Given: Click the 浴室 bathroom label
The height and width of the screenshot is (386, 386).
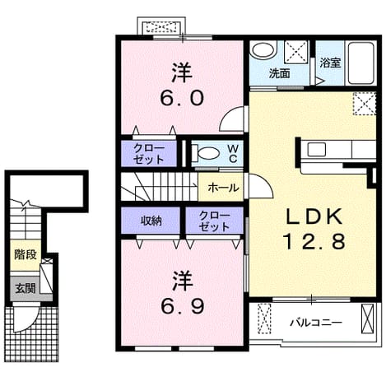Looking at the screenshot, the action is tap(330, 63).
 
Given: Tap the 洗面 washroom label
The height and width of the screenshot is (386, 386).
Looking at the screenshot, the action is tap(279, 73).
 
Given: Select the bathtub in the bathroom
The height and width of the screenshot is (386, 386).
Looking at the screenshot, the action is tap(361, 63).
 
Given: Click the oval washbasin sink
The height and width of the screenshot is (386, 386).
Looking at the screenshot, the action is tap(263, 50).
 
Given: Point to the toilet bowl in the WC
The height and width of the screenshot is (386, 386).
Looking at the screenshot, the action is tap(208, 153).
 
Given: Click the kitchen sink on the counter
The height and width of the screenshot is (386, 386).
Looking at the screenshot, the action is tap(316, 150).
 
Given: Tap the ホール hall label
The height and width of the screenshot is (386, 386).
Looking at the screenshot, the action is tap(223, 188).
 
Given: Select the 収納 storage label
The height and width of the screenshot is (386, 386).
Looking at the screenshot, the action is tap(151, 221).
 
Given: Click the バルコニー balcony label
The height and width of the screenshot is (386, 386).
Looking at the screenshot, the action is tap(316, 323).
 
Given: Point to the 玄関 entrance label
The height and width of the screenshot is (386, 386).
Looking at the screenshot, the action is tap(26, 288).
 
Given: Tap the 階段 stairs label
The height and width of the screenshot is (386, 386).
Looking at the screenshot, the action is tap(26, 255).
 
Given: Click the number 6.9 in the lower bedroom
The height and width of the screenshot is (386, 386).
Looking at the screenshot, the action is tap(182, 306).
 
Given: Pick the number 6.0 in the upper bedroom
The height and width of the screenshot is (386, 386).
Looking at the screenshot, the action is tap(182, 98).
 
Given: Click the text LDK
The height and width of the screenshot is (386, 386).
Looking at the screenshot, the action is tap(314, 216).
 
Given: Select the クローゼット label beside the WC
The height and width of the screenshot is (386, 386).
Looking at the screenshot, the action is tap(149, 154).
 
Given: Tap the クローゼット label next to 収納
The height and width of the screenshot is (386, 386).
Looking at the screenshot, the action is tap(214, 221).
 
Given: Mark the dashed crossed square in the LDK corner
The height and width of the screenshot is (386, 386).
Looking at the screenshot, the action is tap(365, 104).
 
